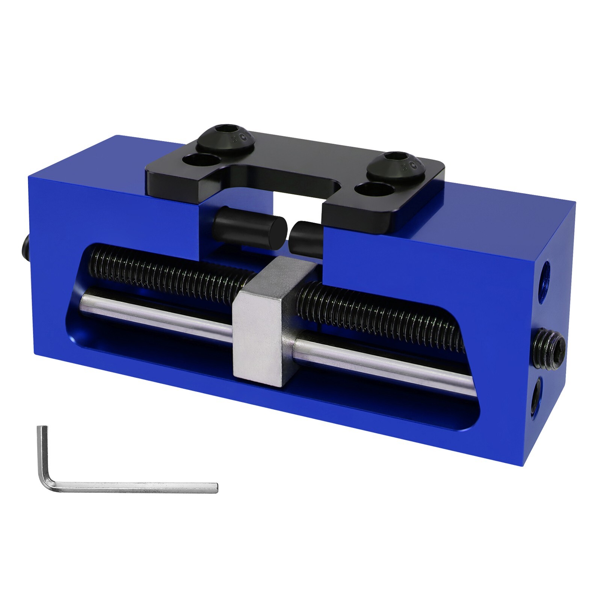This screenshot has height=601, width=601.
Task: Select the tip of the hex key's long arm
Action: (215, 488)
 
